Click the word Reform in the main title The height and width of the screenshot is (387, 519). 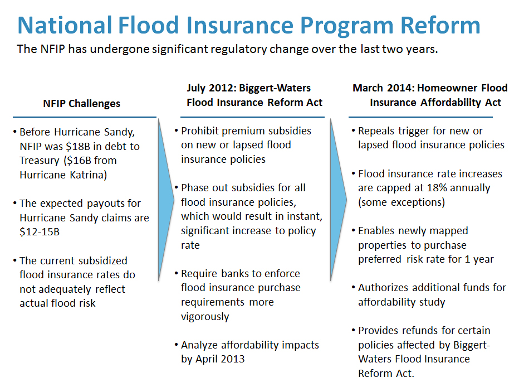[440, 25]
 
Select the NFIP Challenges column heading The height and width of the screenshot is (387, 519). [81, 103]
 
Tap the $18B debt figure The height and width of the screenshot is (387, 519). [78, 146]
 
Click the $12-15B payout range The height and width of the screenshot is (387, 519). [40, 231]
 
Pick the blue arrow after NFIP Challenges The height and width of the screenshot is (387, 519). [166, 200]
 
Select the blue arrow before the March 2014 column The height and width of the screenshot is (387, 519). [338, 200]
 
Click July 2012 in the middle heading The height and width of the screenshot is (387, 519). [211, 88]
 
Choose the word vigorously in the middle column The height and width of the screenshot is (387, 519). [205, 316]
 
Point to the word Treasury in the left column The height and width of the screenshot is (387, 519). [40, 161]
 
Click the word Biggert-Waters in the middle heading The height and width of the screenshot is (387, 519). [275, 88]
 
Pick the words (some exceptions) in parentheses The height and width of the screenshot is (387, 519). [402, 202]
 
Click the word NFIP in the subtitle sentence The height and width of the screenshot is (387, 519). [53, 49]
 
